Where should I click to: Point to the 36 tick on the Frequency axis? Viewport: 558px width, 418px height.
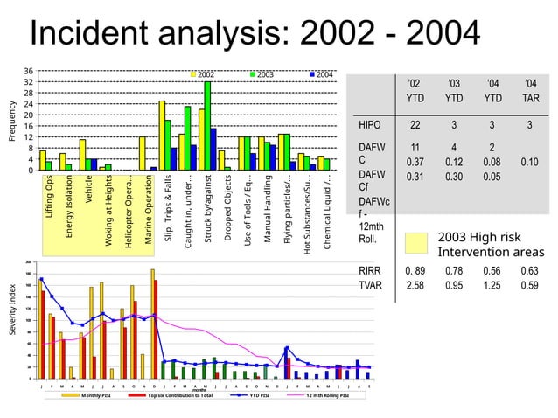[29, 71]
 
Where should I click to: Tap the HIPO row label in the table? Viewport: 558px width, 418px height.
[370, 126]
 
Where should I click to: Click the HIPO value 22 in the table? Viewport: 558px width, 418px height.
[416, 126]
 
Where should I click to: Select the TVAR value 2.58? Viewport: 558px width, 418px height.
[415, 285]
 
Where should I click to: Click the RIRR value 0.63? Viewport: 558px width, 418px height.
[530, 271]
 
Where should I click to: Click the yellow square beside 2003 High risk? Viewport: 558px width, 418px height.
[418, 245]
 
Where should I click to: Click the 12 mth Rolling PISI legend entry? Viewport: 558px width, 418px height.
[328, 395]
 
